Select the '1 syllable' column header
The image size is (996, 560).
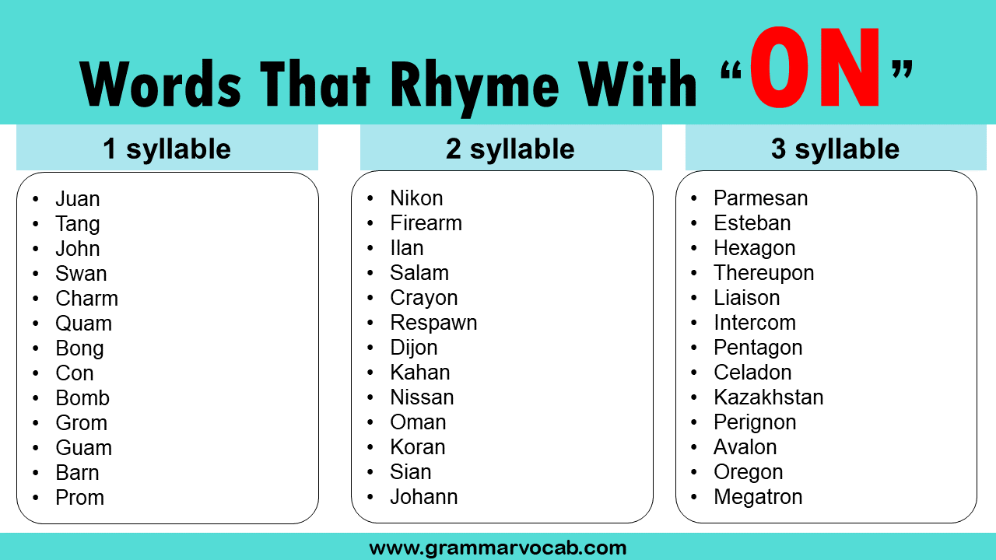(x=167, y=149)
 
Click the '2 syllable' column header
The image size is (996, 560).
(x=510, y=149)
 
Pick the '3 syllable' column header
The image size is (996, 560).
(x=835, y=149)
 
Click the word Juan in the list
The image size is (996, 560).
(x=77, y=199)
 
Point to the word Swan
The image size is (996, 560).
(x=81, y=274)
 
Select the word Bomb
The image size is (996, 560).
(x=82, y=398)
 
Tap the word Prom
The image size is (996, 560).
(x=79, y=498)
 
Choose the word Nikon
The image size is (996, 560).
(x=416, y=198)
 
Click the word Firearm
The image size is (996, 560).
(x=426, y=223)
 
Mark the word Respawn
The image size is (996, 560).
(x=433, y=323)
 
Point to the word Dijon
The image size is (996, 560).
(x=413, y=348)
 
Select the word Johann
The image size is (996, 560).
(x=423, y=497)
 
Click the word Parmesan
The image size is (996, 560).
(x=760, y=198)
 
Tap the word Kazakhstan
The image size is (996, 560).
(x=768, y=397)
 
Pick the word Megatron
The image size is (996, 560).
(x=757, y=497)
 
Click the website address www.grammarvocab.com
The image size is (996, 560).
(x=498, y=548)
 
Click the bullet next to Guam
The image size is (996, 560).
(x=36, y=448)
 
